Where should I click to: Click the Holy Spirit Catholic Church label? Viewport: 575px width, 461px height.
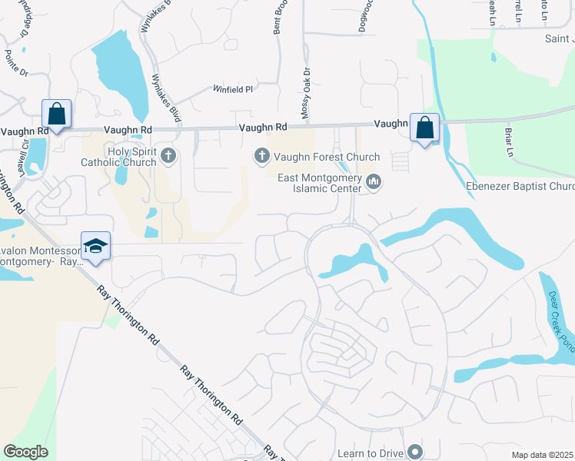tap(131, 157)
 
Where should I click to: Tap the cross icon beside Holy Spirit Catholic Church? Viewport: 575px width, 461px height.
tap(169, 157)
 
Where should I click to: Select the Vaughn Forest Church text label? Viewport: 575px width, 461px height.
tap(326, 157)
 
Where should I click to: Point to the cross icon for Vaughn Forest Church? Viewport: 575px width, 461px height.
tap(261, 157)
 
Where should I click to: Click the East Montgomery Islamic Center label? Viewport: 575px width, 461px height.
tap(320, 183)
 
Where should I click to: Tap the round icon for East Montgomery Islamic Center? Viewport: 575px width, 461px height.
tap(374, 182)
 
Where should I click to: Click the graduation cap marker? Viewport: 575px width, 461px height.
tap(95, 247)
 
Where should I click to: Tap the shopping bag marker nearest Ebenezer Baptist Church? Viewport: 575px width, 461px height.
tap(424, 128)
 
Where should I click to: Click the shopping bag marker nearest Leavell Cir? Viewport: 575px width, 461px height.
tap(57, 114)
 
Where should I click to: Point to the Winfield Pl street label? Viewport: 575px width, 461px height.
tap(233, 90)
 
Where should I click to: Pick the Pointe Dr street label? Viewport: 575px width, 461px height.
tap(16, 62)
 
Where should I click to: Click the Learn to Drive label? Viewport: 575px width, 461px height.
tap(371, 453)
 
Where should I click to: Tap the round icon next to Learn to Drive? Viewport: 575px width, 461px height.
tap(416, 452)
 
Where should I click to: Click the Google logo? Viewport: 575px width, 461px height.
tap(25, 452)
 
